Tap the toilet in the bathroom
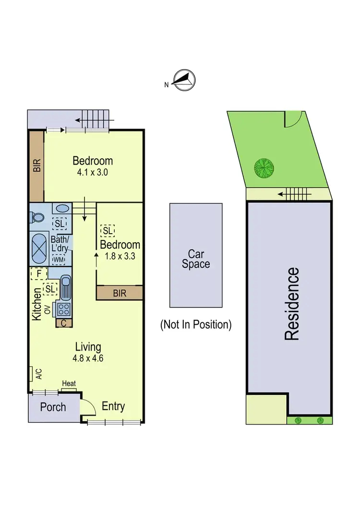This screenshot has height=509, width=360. (x=36, y=216)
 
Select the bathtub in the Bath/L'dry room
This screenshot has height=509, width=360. (x=40, y=242)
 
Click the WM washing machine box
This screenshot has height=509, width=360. (x=58, y=259)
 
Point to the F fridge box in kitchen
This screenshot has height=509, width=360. (x=38, y=273)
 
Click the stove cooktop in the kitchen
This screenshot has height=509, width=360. (x=64, y=308)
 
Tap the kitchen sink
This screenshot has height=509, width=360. (x=66, y=288)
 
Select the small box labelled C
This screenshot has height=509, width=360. (x=64, y=323)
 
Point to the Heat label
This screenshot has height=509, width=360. (x=69, y=384)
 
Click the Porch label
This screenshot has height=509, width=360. (x=53, y=407)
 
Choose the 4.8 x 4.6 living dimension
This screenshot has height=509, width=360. (x=88, y=357)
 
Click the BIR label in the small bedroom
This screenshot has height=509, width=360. (x=120, y=293)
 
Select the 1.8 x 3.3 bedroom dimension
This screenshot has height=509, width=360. (x=120, y=256)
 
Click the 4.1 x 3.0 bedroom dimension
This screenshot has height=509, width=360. (x=93, y=172)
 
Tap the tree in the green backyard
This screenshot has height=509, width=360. (x=264, y=167)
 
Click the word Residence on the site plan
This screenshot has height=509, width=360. (x=292, y=304)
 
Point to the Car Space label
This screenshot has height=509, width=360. (x=196, y=259)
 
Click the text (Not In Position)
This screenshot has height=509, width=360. (x=196, y=325)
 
